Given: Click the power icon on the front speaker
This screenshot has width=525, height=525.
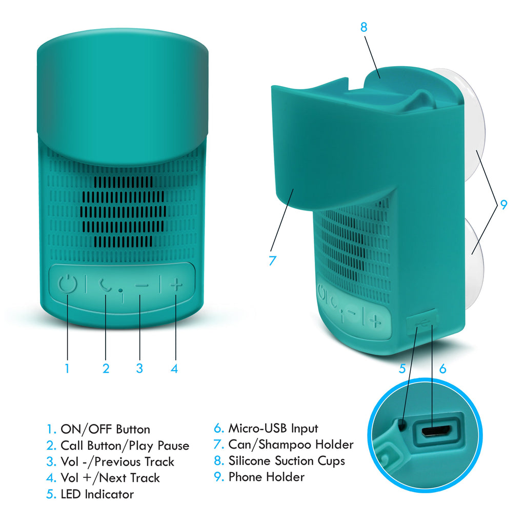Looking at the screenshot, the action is tap(68, 284).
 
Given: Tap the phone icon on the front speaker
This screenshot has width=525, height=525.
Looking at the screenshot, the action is tap(105, 285).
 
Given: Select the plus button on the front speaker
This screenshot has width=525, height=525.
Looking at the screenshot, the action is tap(176, 285).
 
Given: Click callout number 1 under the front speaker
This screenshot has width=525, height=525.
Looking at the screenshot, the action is tap(67, 368).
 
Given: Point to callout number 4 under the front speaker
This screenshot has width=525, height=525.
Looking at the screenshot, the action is tap(174, 369).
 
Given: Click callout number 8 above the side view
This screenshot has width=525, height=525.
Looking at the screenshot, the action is tap(364, 27).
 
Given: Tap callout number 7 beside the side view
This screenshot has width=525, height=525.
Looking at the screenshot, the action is tap(273, 260).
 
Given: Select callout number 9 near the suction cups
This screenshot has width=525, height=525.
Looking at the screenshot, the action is tap(503, 204).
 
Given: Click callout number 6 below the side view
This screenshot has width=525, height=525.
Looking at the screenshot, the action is tap(442, 369).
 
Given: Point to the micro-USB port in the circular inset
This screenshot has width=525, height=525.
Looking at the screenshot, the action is tap(437, 431).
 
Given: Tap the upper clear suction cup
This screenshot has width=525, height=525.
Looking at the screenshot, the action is tap(474, 125).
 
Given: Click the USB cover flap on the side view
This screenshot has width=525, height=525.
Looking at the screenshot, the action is tap(421, 322).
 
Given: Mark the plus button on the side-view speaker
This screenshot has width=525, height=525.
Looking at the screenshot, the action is tap(375, 321).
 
